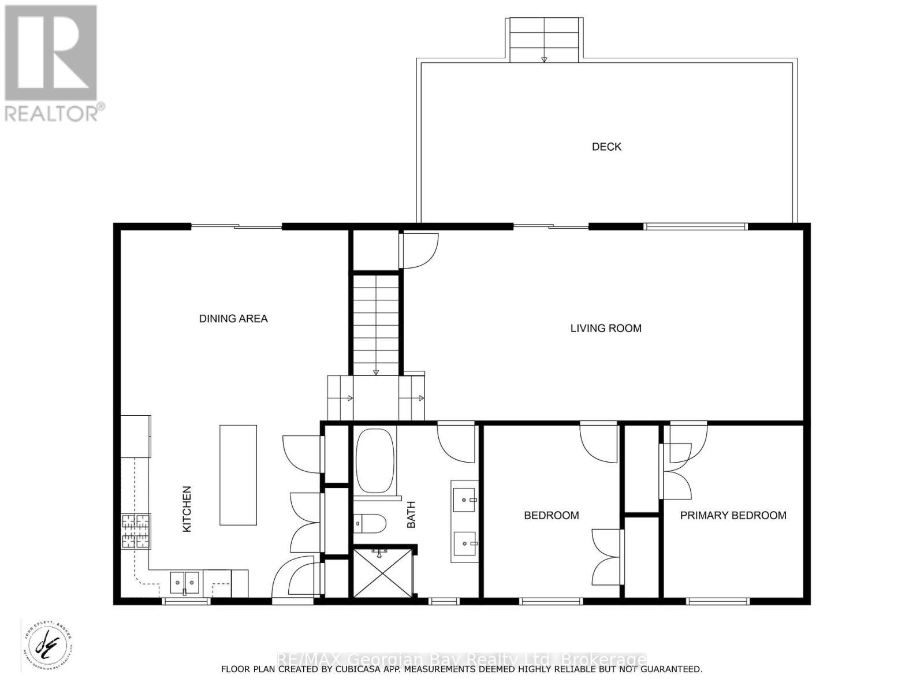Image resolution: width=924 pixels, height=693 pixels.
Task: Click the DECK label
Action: (x=606, y=147)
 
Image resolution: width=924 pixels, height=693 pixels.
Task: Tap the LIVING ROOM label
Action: (x=606, y=328)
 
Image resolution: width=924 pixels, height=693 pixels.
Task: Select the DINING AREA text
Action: (x=233, y=318)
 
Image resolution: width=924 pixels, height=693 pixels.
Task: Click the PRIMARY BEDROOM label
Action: (x=733, y=515)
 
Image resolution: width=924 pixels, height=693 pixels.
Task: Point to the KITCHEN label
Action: (x=187, y=509)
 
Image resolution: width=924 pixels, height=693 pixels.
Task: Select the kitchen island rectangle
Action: (x=238, y=475)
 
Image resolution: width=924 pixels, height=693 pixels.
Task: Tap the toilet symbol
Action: (x=370, y=523)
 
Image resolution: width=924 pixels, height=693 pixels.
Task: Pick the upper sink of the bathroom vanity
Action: (x=464, y=500)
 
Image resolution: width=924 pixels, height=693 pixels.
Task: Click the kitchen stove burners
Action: (x=136, y=531)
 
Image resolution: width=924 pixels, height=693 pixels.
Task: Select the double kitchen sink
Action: (x=185, y=582)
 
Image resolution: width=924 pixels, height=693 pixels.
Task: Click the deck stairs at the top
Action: (x=544, y=39)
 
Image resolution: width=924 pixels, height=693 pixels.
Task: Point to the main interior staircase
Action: (x=376, y=323)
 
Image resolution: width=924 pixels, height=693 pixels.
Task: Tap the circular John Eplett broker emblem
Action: (x=48, y=644)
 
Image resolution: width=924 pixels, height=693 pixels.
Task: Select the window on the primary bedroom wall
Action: (x=718, y=601)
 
